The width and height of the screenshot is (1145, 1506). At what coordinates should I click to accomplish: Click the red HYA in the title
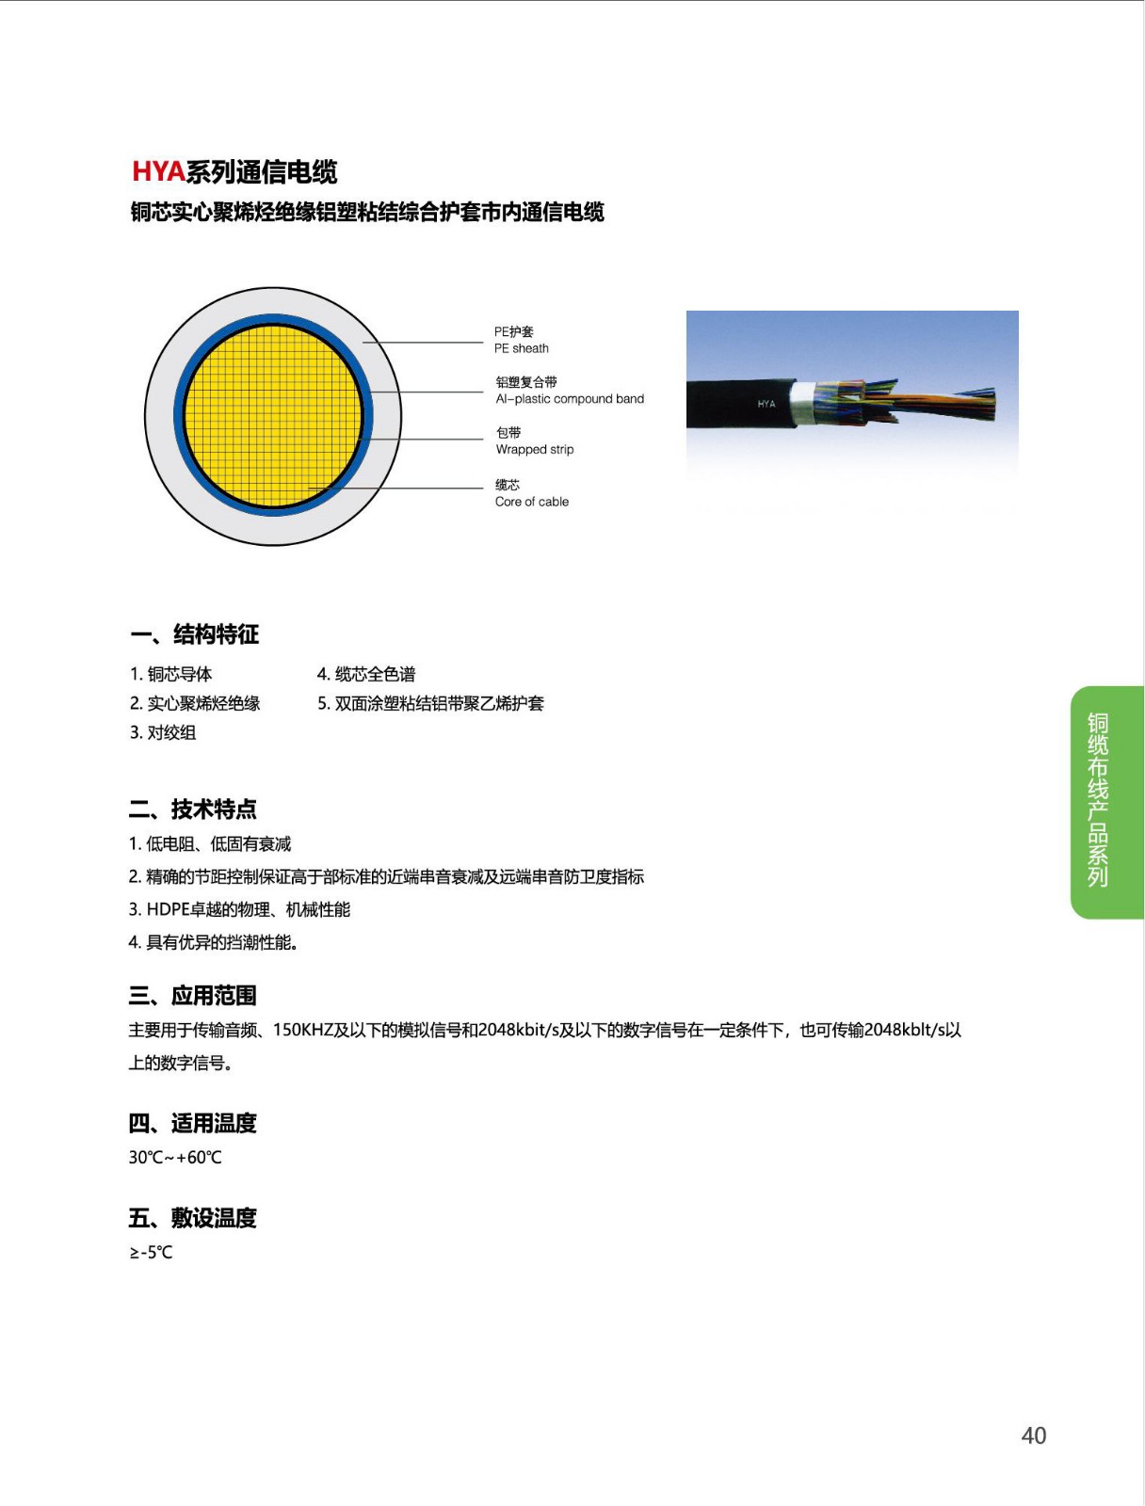(158, 171)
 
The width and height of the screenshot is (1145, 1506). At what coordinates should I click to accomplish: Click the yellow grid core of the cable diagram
(272, 415)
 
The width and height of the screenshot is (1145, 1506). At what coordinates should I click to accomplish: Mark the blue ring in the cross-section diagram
(368, 414)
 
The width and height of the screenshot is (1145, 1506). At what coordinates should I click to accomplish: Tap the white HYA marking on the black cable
(766, 404)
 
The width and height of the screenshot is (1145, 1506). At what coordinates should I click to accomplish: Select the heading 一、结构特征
(194, 634)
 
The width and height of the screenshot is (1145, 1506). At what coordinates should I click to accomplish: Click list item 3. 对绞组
(163, 732)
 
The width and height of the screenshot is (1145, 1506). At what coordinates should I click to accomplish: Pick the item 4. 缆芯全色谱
(366, 674)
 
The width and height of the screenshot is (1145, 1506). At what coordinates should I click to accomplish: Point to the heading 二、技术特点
(193, 809)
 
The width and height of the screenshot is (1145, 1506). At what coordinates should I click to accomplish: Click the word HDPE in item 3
(169, 909)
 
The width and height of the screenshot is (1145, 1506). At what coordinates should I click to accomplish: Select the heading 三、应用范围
(193, 996)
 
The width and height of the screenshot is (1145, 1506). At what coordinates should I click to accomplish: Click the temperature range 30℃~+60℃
(175, 1157)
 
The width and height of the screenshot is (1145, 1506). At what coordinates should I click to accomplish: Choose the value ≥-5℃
(151, 1252)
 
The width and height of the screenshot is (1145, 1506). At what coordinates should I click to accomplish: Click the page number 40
(1033, 1435)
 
